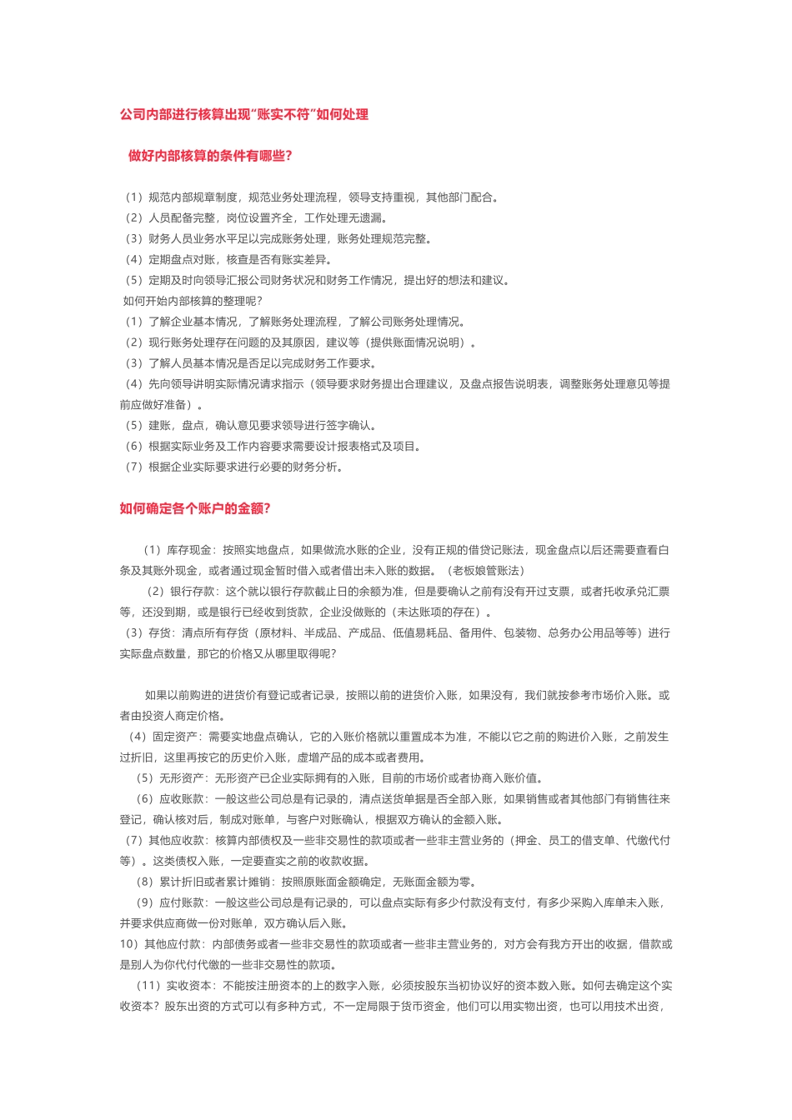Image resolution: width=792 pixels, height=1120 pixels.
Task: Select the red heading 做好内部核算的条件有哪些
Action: (x=209, y=156)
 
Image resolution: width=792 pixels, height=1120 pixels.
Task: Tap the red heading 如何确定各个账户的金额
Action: (x=195, y=508)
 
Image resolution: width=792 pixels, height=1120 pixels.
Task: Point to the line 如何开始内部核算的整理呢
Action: (x=193, y=301)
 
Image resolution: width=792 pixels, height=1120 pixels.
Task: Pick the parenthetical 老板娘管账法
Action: (x=486, y=571)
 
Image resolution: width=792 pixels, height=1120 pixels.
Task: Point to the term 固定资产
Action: (x=174, y=737)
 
